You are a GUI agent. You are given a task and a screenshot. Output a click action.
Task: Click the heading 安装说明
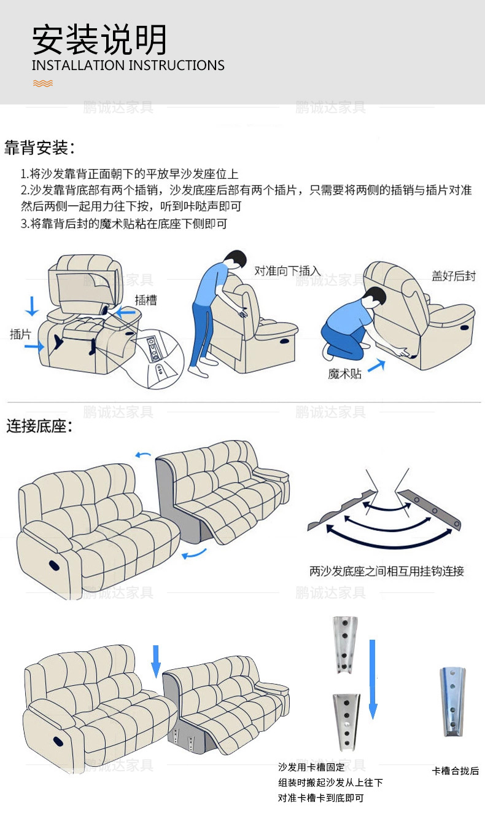click(99, 41)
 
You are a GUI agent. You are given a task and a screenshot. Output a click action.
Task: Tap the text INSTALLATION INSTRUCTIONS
click(128, 66)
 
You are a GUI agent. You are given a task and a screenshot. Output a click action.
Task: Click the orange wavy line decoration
click(42, 83)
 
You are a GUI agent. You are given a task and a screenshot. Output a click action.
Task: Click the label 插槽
click(145, 300)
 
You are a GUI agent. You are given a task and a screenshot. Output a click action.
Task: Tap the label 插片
click(20, 334)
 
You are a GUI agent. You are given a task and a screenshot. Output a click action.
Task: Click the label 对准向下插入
click(287, 270)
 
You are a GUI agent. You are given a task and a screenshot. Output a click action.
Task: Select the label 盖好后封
click(453, 277)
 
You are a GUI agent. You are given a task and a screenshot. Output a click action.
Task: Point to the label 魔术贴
click(345, 374)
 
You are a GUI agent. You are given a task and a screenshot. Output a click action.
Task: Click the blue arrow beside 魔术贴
click(376, 366)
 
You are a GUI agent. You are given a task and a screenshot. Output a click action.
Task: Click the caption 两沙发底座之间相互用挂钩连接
click(387, 572)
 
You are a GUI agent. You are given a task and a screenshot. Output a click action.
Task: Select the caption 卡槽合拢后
click(455, 771)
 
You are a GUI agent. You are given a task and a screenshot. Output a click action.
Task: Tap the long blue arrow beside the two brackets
click(372, 679)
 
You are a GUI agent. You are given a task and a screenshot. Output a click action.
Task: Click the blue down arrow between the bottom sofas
click(156, 661)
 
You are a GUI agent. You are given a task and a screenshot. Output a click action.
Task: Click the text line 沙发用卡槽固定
click(311, 768)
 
